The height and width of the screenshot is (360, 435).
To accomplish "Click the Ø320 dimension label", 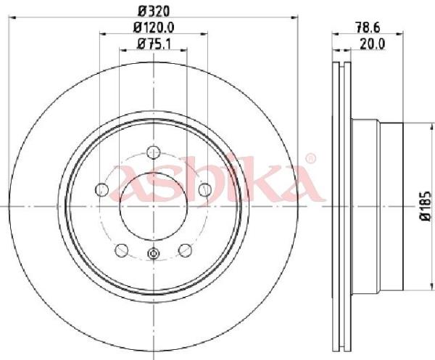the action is [154, 11].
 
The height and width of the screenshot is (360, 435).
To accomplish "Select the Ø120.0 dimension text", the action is [154, 27].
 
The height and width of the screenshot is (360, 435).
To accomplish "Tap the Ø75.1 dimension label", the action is [154, 44].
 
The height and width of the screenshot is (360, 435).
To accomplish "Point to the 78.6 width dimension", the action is [368, 28].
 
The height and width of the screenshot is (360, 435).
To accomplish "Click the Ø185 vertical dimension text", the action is [426, 205].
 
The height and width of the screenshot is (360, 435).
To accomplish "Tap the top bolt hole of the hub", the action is [154, 152].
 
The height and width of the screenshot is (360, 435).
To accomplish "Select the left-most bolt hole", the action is [101, 189].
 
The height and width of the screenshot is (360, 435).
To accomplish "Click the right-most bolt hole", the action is [205, 189].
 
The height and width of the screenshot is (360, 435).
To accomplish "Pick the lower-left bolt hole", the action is [122, 250].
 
